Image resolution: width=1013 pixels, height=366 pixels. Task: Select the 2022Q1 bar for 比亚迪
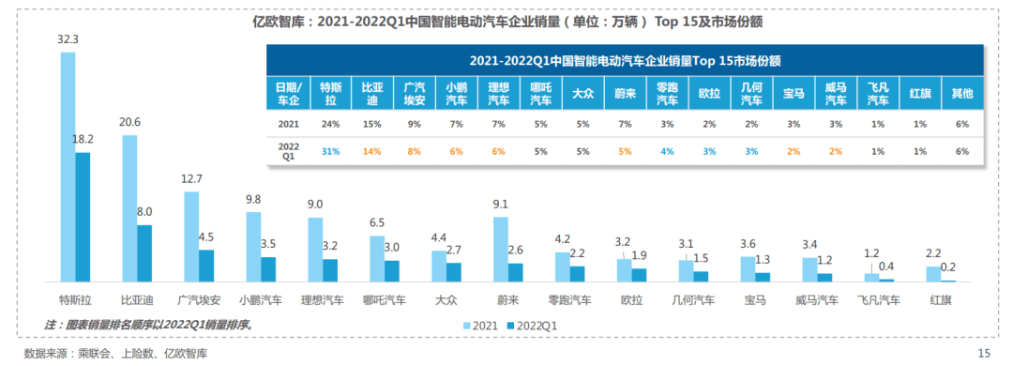coord(144,252)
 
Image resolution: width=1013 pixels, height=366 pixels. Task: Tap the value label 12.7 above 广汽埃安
coord(191,179)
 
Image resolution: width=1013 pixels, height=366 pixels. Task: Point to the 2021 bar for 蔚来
coord(501,249)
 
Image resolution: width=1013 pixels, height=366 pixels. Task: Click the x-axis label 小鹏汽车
coord(260,300)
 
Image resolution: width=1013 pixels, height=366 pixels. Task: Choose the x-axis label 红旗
coord(941,300)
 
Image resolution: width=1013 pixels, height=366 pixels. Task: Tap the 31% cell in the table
coord(329,150)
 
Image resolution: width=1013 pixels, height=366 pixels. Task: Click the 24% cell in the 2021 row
coord(329,122)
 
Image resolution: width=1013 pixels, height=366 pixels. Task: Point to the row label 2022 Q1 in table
coord(289,150)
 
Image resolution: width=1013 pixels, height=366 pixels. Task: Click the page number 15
coord(984,353)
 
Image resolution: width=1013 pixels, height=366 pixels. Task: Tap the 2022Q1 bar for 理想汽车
coord(330,270)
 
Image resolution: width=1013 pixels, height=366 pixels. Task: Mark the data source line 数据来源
coord(115,353)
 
